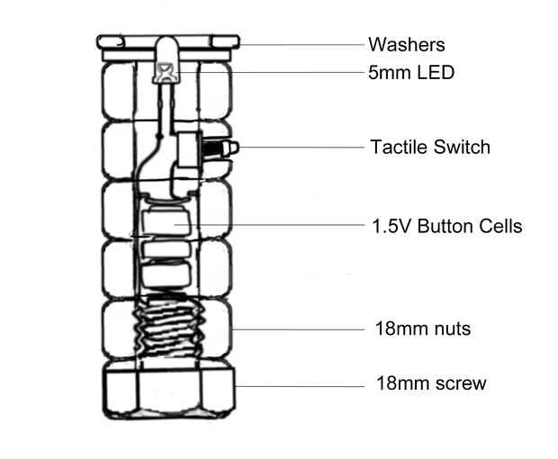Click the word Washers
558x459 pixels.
coord(406,44)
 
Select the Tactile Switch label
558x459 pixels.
coord(430,147)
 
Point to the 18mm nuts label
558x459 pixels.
coord(422,328)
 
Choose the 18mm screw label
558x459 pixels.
coord(430,383)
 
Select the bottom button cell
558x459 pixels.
coord(166,273)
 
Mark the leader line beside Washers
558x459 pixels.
coord(297,43)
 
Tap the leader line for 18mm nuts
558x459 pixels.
coord(297,329)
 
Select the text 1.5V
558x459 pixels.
coord(390,225)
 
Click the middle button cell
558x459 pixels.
coord(164,247)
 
